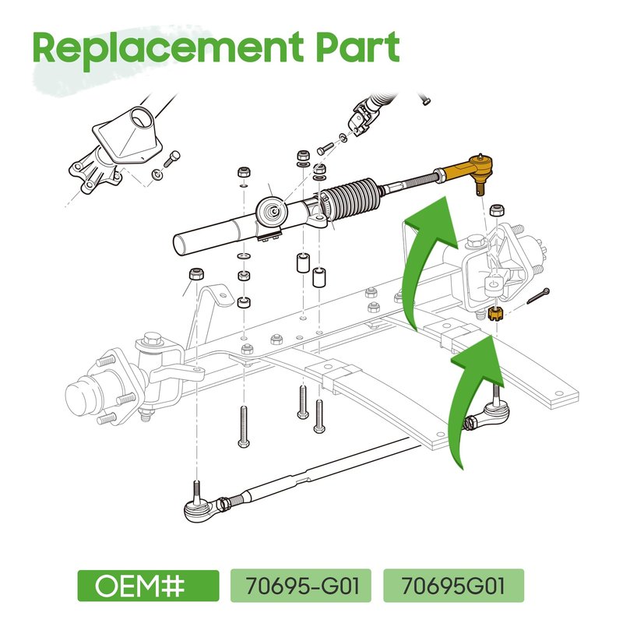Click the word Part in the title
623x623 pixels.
pos(357,47)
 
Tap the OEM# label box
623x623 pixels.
pos(148,586)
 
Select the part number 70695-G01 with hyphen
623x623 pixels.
pos(301,586)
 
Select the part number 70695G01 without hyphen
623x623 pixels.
pos(453,586)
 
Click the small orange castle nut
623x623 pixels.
pos(495,314)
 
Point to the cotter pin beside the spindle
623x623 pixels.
pos(538,296)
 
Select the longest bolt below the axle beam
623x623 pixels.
pos(244,427)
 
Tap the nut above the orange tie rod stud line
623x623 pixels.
pos(496,209)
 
